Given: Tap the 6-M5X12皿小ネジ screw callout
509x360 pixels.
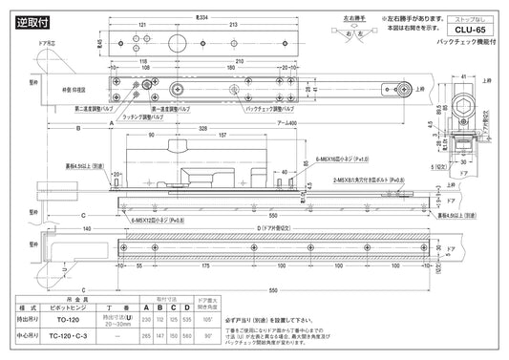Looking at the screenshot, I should (159, 217).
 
